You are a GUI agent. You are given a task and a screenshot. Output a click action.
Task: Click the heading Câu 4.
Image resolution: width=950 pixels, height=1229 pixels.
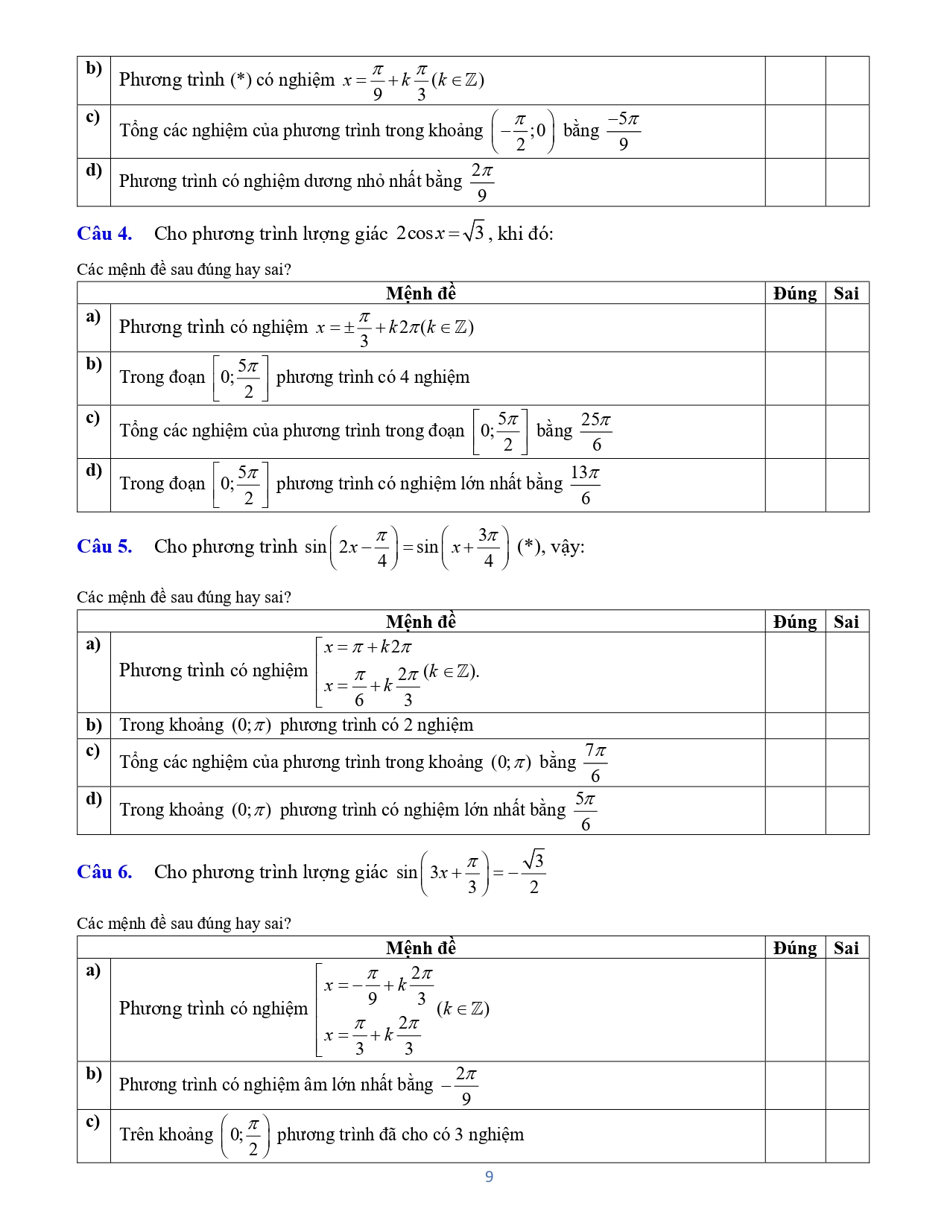(104, 234)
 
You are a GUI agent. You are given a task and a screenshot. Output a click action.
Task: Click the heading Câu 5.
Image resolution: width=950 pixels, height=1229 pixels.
(104, 547)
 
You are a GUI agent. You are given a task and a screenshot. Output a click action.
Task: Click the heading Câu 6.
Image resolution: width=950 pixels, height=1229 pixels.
(104, 872)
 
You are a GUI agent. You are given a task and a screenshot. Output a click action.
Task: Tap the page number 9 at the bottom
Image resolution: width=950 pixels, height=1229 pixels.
(489, 1177)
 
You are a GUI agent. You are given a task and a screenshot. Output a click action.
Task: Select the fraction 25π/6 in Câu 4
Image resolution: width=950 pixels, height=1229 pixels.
(596, 431)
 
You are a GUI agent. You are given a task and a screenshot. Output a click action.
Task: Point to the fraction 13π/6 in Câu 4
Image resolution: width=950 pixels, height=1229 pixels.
(585, 485)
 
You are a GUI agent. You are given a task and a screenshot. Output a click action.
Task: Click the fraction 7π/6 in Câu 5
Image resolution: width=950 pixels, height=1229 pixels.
(595, 763)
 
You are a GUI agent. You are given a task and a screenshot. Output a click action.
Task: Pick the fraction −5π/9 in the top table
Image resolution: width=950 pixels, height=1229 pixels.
(623, 131)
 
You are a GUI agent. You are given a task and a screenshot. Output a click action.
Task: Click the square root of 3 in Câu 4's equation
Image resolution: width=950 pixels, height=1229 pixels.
(473, 232)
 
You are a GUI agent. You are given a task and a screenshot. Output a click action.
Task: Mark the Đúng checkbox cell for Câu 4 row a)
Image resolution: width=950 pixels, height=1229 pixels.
(795, 328)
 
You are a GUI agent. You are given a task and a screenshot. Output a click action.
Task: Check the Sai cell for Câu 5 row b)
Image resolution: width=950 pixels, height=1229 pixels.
(847, 725)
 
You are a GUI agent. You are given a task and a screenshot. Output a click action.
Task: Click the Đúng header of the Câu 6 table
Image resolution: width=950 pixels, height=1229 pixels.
(795, 948)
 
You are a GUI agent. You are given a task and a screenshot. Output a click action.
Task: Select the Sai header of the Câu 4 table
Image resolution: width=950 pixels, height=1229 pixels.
(846, 293)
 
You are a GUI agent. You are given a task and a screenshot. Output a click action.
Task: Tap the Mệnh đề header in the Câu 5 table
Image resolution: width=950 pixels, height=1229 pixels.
(421, 622)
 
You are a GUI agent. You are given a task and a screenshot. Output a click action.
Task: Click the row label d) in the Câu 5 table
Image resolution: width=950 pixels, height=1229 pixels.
(94, 799)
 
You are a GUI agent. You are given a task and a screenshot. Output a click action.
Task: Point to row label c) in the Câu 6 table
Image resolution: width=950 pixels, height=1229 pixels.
(93, 1122)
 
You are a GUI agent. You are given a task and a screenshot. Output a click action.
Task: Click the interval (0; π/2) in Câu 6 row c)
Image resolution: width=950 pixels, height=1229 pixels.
(245, 1136)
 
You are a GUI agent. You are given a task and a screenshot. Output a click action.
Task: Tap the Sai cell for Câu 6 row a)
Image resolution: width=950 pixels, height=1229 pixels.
(847, 1010)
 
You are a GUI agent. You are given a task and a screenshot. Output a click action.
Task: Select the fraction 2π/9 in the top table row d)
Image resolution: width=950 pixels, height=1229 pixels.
(481, 182)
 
